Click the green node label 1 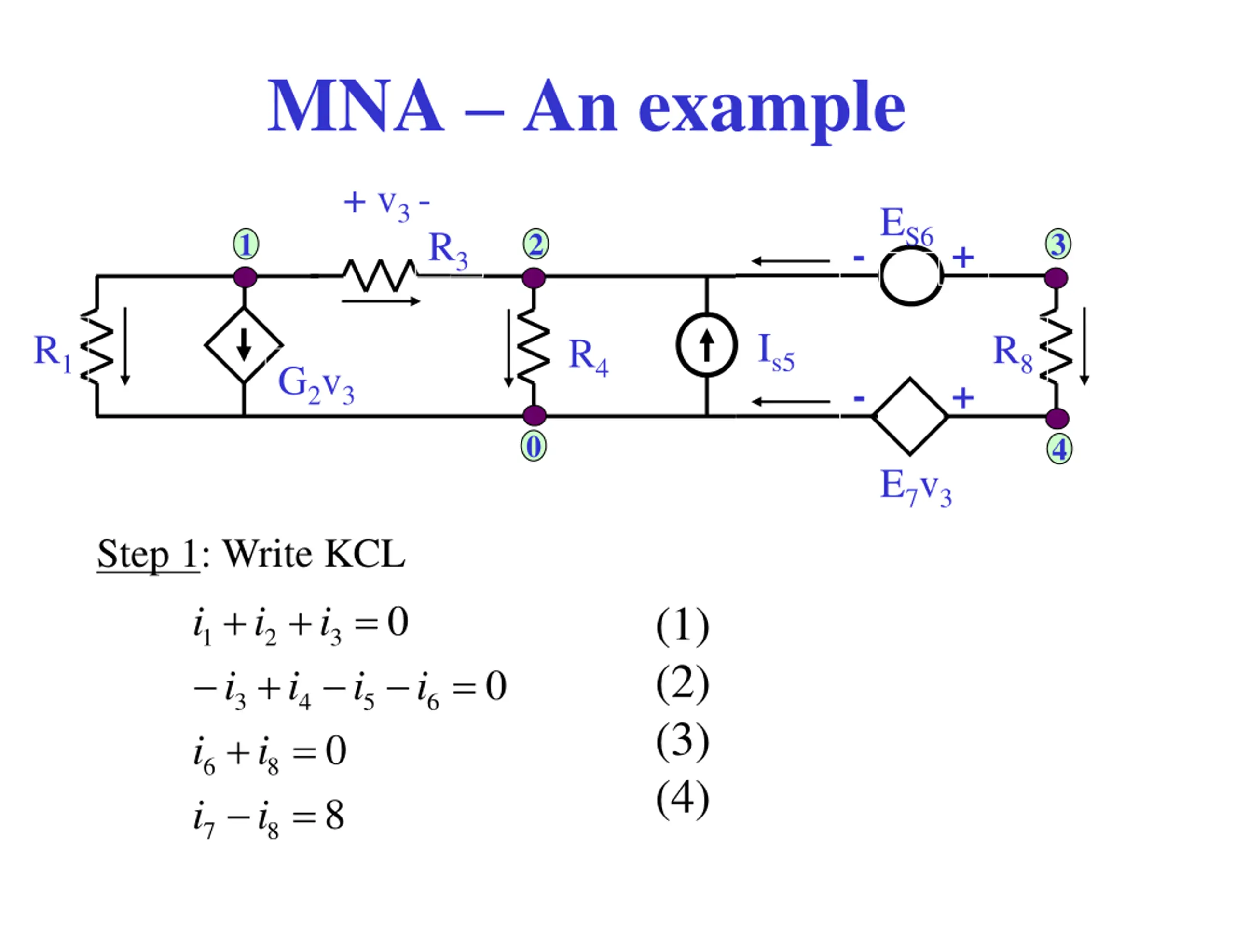246,244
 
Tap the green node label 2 535,244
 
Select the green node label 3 1058,244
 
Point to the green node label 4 1059,449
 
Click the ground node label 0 534,447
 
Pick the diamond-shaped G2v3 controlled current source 244,345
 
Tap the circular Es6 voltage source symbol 911,276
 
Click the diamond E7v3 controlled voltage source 910,416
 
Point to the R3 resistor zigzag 380,275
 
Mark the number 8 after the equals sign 334,816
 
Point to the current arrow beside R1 125,346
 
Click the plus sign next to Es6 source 963,258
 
